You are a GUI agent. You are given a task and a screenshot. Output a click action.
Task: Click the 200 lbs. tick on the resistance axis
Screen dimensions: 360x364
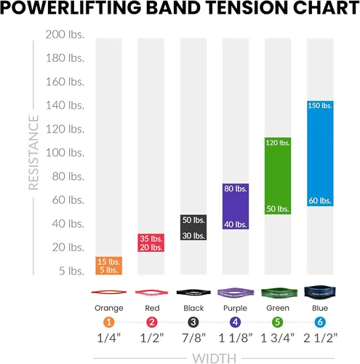(x=65, y=34)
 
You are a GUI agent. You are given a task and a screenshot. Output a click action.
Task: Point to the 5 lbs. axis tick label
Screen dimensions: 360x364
(x=72, y=271)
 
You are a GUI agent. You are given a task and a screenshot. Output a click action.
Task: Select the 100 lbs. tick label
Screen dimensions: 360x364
(x=65, y=153)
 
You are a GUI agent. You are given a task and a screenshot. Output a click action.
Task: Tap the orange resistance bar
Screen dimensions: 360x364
(x=109, y=266)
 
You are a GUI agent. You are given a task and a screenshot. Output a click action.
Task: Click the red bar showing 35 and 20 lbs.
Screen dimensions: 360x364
(x=151, y=242)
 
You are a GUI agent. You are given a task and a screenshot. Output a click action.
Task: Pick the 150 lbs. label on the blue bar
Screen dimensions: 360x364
(x=320, y=106)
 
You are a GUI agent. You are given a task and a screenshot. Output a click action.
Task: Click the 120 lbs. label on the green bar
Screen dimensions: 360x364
(x=278, y=143)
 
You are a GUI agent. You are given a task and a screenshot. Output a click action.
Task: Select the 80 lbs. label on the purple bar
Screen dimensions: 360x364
(x=236, y=189)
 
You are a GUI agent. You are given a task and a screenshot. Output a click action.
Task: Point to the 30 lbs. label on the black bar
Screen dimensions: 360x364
(x=193, y=236)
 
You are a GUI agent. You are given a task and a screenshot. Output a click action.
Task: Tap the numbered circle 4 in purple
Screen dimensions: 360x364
(x=236, y=323)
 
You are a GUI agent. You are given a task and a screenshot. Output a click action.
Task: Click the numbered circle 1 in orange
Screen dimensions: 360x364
(x=109, y=323)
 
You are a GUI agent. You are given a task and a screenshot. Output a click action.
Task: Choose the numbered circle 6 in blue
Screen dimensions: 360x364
(x=320, y=323)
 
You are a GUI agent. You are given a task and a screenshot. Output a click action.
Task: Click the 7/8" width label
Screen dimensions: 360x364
(x=193, y=338)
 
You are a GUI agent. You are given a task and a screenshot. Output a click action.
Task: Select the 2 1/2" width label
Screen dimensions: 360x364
(x=320, y=338)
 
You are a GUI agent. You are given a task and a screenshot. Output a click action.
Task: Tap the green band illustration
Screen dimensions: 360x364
(x=279, y=293)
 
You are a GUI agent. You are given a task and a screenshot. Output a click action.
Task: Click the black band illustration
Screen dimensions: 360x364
(x=193, y=293)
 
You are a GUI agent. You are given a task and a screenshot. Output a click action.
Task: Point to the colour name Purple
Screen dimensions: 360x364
(x=235, y=308)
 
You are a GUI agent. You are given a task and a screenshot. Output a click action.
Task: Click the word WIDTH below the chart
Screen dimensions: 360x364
(x=215, y=359)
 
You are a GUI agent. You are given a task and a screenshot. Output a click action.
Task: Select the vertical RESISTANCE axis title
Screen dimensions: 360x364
(x=33, y=153)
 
